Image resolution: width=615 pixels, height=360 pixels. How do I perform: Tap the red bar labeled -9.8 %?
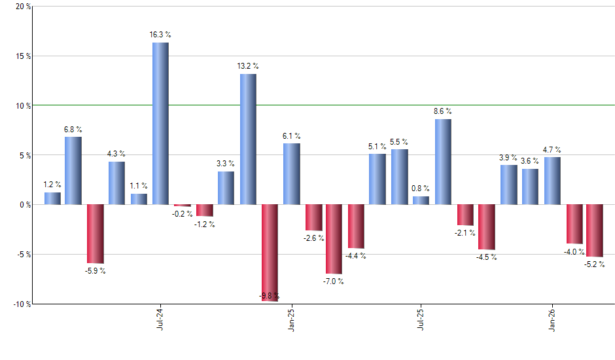click(x=270, y=252)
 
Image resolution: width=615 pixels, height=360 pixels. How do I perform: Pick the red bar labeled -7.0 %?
click(x=334, y=239)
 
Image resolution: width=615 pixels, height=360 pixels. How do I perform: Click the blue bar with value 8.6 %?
click(x=443, y=162)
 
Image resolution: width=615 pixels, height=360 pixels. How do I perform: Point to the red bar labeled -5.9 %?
click(x=96, y=234)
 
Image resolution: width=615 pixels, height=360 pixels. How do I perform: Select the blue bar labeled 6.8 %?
click(x=73, y=170)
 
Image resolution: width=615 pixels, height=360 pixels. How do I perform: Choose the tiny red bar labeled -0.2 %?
click(x=183, y=206)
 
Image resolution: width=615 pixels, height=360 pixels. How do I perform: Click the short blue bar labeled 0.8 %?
click(x=421, y=200)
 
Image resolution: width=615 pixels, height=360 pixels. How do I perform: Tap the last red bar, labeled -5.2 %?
click(x=595, y=230)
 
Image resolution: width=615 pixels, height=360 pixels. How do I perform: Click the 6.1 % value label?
click(x=292, y=136)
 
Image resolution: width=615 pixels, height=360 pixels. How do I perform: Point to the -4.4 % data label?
click(x=357, y=256)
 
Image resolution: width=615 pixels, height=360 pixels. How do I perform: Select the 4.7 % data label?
click(x=553, y=150)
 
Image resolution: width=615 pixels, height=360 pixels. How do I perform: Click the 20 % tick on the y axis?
click(x=22, y=7)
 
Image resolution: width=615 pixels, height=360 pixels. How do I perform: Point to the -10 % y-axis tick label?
click(x=20, y=304)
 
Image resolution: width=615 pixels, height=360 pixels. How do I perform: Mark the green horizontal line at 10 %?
click(x=393, y=105)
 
